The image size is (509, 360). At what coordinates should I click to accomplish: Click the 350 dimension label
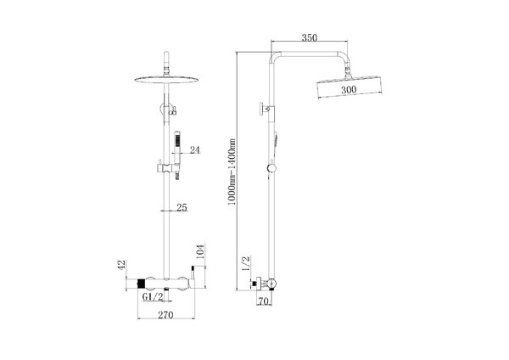(x=310, y=37)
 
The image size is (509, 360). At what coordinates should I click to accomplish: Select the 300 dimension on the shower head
(x=349, y=89)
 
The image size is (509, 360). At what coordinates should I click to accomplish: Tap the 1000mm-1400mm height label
(x=232, y=172)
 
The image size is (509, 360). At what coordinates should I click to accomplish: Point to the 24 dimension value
(x=195, y=149)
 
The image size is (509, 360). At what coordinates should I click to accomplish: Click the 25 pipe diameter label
(x=182, y=207)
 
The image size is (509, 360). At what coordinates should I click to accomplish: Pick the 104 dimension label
(x=200, y=252)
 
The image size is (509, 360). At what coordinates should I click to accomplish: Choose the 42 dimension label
(x=121, y=265)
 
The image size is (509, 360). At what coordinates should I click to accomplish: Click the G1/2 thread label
(x=153, y=296)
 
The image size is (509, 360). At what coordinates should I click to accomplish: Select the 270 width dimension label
(x=165, y=314)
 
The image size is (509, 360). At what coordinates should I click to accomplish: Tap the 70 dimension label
(x=264, y=301)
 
